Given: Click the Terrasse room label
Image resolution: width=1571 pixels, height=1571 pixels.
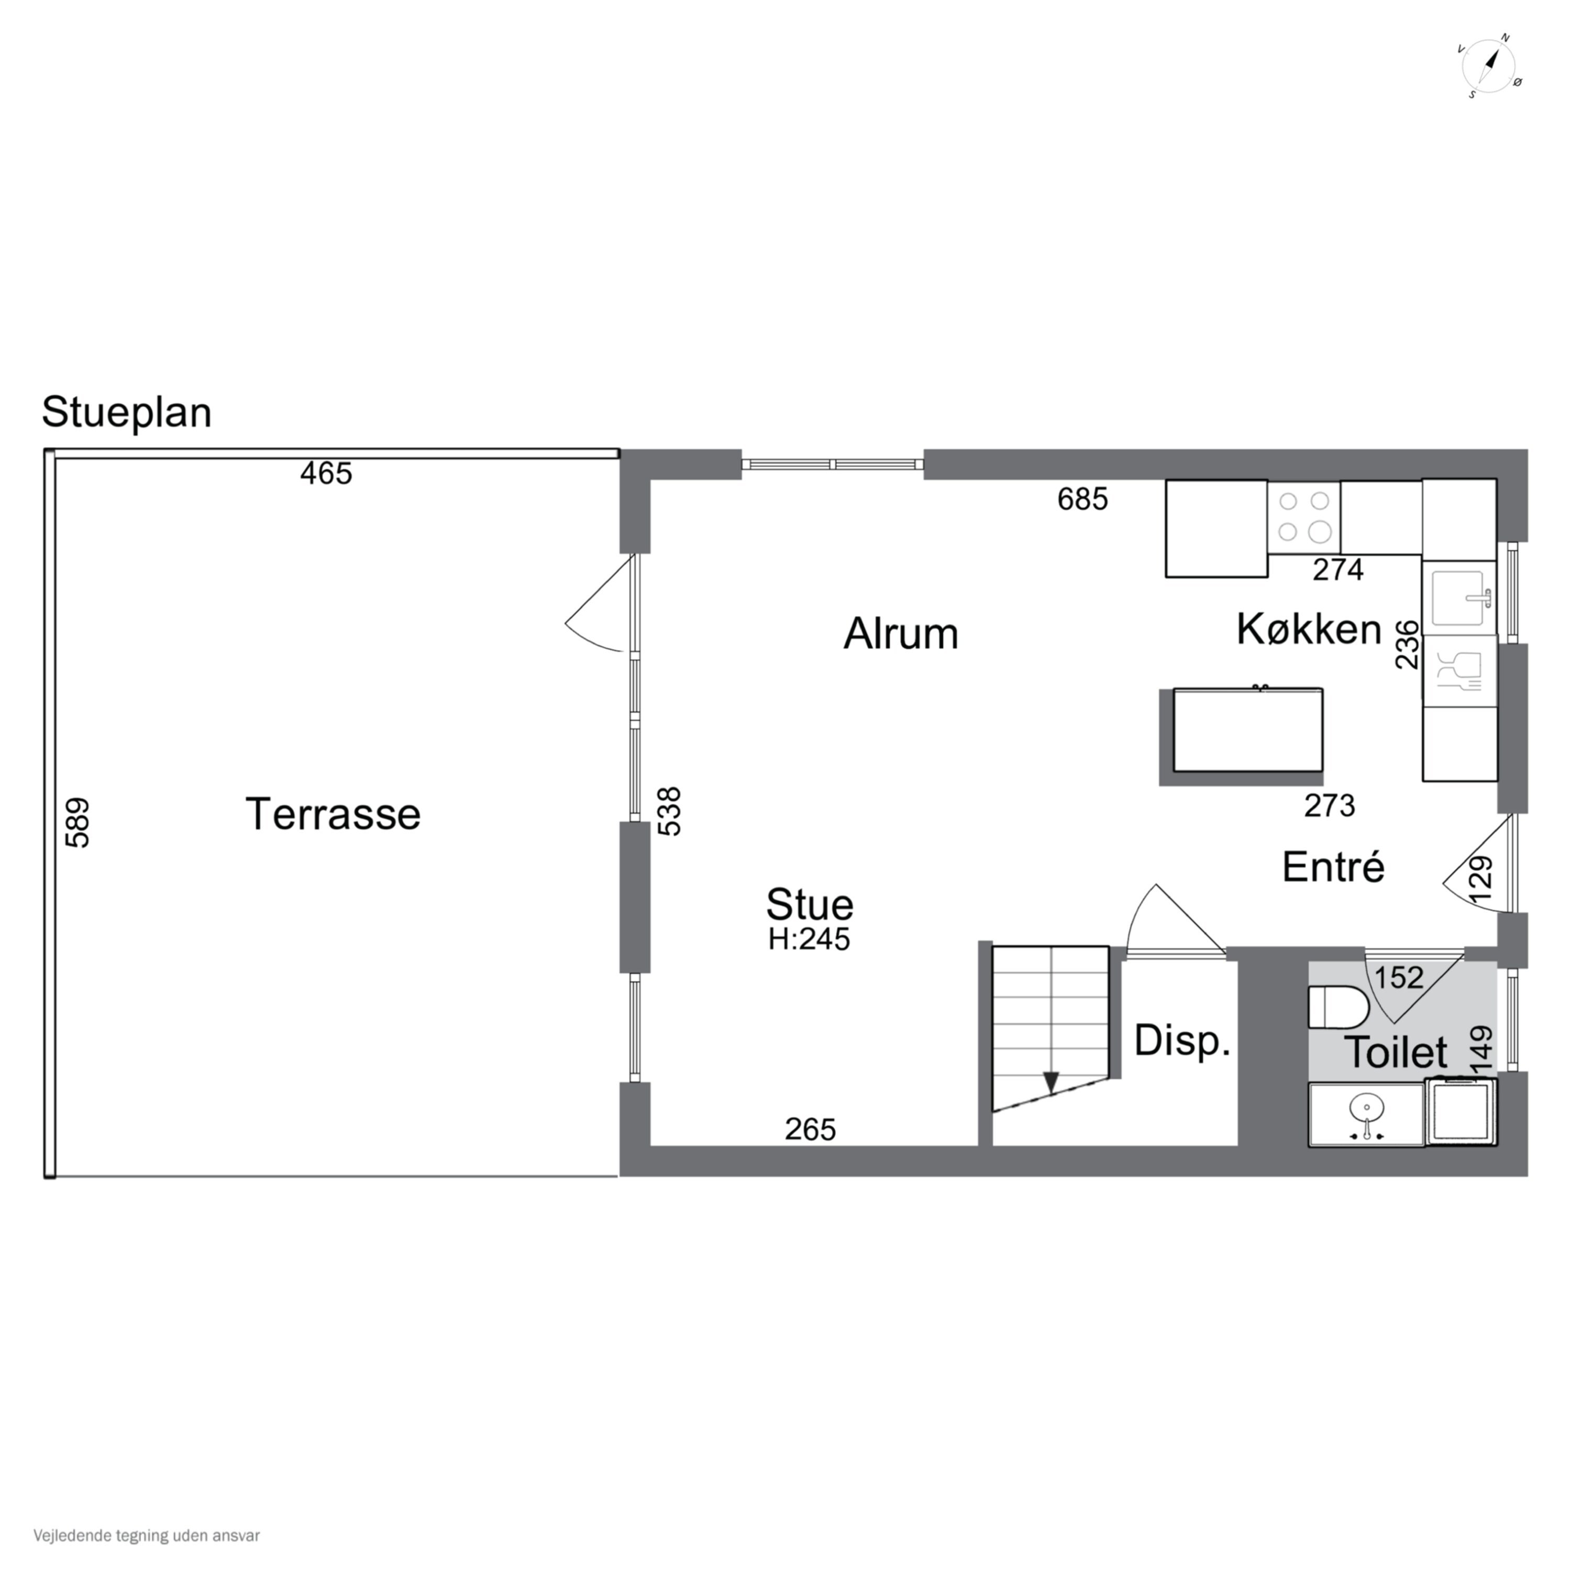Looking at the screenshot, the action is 333,814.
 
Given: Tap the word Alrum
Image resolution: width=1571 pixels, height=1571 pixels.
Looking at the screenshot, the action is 901,634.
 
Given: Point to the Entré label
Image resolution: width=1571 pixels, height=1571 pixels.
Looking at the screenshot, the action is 1334,867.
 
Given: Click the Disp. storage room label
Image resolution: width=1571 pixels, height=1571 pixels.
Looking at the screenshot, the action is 1182,1041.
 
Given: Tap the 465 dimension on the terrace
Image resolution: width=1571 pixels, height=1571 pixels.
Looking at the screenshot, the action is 326,473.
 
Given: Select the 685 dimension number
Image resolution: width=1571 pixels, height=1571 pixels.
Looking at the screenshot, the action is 1082,499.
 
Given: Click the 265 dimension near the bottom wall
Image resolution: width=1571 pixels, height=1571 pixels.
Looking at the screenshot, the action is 811,1130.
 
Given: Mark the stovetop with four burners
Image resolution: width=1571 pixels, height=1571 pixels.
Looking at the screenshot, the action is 1303,517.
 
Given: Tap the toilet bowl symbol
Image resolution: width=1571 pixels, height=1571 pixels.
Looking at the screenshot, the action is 1339,1006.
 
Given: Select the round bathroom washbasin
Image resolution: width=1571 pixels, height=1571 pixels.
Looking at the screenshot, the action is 1366,1108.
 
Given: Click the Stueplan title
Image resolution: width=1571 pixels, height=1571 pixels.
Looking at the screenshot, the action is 127,412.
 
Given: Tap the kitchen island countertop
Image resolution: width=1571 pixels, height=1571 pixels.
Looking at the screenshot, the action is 1247,730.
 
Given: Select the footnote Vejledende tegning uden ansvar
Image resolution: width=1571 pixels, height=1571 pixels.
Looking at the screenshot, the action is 147,1535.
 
